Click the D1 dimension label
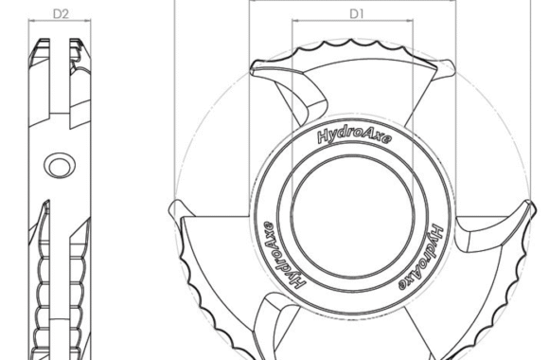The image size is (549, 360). [357, 13]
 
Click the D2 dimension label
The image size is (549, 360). [61, 13]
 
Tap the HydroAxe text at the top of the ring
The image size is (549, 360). [354, 136]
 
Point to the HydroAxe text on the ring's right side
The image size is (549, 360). [421, 258]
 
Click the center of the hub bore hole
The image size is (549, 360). [352, 216]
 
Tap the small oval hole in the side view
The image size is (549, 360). [60, 165]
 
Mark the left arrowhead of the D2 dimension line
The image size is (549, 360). [32, 20]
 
